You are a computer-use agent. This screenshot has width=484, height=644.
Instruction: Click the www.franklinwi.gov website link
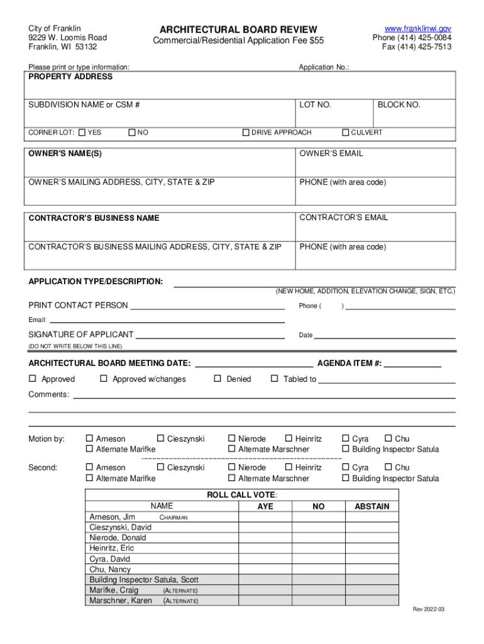[x=417, y=29]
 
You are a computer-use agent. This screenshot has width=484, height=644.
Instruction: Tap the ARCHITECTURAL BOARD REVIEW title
[x=238, y=30]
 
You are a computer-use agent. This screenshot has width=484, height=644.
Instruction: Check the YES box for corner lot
[x=83, y=133]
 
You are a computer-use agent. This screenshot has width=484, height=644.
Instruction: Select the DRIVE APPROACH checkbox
[x=246, y=133]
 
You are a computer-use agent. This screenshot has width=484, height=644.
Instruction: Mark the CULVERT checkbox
[x=345, y=133]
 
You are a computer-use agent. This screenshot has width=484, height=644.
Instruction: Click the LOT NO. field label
[x=315, y=105]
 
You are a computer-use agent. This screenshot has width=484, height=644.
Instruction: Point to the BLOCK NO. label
[x=399, y=105]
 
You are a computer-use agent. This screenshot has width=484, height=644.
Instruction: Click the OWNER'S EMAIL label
[x=331, y=153]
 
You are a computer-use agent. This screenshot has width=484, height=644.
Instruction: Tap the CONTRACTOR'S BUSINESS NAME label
[x=94, y=218]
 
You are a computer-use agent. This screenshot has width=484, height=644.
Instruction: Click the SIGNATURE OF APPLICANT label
[x=81, y=335]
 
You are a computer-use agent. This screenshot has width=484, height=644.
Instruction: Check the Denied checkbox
[x=217, y=379]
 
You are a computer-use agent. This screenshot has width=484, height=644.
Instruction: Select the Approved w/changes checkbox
[x=104, y=379]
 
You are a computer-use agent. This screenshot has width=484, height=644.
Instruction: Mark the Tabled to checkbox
[x=274, y=379]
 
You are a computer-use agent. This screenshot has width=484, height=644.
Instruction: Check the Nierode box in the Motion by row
[x=231, y=438]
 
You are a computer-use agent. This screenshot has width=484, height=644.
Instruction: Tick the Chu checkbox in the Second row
[x=388, y=467]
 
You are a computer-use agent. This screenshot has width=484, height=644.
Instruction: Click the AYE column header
[x=266, y=506]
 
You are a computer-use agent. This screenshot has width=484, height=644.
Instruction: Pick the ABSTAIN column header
[x=372, y=506]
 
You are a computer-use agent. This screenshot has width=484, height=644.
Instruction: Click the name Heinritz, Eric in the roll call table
[x=112, y=548]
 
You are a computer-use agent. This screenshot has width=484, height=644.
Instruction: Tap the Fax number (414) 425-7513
[x=417, y=47]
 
